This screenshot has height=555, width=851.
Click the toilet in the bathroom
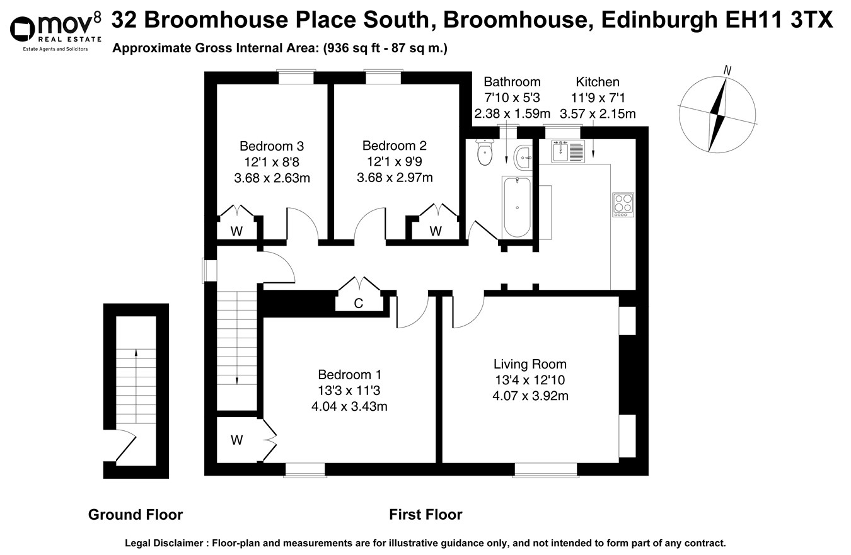point(484,153)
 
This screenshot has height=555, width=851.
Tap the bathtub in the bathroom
point(517,207)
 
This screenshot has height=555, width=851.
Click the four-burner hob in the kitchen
point(623,204)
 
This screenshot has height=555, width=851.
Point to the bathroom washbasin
point(523,157)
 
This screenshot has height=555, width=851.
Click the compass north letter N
point(727,71)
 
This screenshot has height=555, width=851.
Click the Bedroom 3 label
point(271,146)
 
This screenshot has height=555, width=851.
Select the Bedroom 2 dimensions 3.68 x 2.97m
point(395,178)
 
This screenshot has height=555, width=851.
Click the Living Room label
point(530,364)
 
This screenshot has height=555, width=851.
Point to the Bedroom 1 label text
point(349,374)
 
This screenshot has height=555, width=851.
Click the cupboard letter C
point(358,304)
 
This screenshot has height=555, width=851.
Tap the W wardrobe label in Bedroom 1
point(236,440)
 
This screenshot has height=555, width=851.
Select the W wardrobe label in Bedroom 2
point(436,231)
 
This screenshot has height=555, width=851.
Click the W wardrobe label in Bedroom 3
point(236,231)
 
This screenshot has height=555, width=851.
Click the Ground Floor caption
point(136,515)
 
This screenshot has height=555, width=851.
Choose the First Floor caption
point(425,515)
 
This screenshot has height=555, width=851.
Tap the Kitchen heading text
point(598,82)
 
